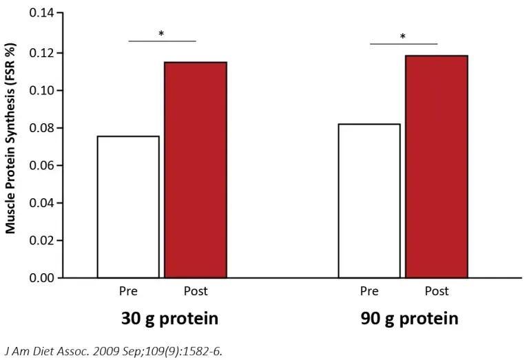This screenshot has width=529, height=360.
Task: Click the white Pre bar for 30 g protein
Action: coord(128,207)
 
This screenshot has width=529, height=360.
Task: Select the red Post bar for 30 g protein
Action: coord(195,169)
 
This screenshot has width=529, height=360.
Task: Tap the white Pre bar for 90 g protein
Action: coord(369,200)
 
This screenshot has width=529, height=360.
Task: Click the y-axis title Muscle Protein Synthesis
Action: coord(11,146)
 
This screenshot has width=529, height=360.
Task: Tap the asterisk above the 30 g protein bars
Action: coord(161,33)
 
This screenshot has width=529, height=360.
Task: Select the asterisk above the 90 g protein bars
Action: coord(403,36)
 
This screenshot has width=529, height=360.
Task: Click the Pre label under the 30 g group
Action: coord(128,291)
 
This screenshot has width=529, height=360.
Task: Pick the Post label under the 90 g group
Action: coord(436,291)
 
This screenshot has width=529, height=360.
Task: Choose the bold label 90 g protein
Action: coord(409,319)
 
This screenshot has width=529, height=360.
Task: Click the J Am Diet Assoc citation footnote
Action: coord(114,350)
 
